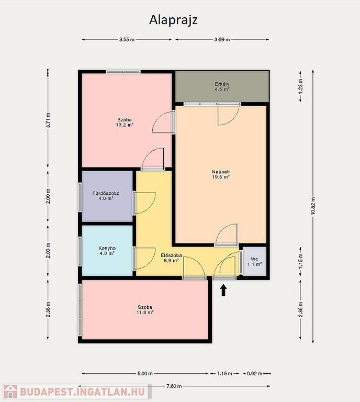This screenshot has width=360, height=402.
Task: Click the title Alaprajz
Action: pyautogui.click(x=173, y=20)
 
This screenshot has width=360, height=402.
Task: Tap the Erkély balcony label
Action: pyautogui.click(x=222, y=87)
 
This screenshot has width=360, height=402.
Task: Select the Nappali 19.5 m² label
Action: pyautogui.click(x=221, y=174)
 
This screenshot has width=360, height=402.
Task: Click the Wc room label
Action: pyautogui.click(x=254, y=262)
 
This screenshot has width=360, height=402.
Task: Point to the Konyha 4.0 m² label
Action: pyautogui.click(x=107, y=251)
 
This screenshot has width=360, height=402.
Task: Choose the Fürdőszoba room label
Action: pyautogui.click(x=106, y=196)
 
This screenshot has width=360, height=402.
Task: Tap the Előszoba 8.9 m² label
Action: pyautogui.click(x=171, y=258)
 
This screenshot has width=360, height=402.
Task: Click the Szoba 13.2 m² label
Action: pyautogui.click(x=125, y=122)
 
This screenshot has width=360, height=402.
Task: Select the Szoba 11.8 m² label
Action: pyautogui.click(x=145, y=310)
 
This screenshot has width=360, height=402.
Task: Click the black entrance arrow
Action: pyautogui.click(x=223, y=291)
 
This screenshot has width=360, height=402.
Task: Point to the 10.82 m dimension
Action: pyautogui.click(x=313, y=206)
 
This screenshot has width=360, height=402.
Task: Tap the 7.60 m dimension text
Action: pyautogui.click(x=174, y=386)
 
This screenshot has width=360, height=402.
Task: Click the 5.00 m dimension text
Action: pyautogui.click(x=145, y=374)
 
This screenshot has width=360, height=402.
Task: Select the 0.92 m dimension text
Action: pyautogui.click(x=254, y=374)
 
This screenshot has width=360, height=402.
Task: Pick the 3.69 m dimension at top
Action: pyautogui.click(x=222, y=39)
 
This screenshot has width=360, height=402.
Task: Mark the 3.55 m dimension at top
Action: pyautogui.click(x=127, y=39)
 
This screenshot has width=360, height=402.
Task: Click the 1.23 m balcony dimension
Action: pyautogui.click(x=300, y=86)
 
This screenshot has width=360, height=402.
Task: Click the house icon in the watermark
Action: pyautogui.click(x=10, y=392)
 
